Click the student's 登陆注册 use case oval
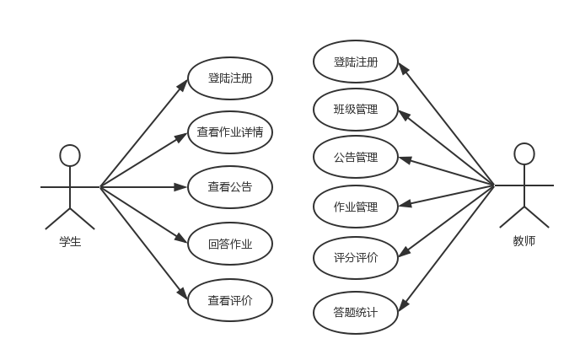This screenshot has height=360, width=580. (x=229, y=78)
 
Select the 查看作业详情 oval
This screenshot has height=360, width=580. (x=229, y=132)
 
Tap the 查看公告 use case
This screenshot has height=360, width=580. (x=229, y=186)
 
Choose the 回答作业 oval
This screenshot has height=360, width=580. (x=229, y=244)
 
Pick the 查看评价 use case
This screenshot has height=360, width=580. (x=229, y=299)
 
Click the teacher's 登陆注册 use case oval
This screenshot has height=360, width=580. (x=355, y=62)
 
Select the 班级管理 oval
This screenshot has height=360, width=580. (x=355, y=109)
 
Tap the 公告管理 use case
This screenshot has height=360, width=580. (x=355, y=157)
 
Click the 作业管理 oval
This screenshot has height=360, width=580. (x=355, y=206)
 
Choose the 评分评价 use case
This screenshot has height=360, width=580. (x=355, y=258)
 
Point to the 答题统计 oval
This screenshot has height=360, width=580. (x=355, y=313)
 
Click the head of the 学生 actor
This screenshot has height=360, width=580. (x=70, y=154)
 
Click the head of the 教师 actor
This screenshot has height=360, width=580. (x=524, y=153)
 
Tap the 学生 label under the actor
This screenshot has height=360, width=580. (x=70, y=242)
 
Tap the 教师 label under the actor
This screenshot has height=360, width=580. (x=524, y=241)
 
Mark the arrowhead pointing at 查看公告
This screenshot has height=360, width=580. (x=183, y=186)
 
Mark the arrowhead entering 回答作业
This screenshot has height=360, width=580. (x=183, y=241)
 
